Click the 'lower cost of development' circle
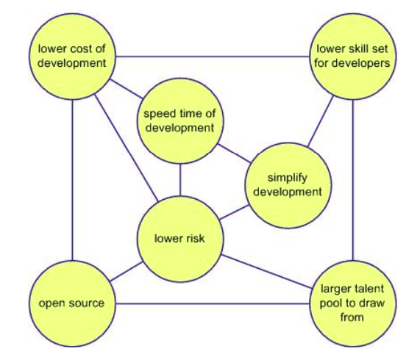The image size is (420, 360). point(72,57)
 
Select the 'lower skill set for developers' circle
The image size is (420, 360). point(353,57)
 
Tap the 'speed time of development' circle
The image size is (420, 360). point(179,121)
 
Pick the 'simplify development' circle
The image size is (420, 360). point(288,185)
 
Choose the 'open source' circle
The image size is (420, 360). point(72,303)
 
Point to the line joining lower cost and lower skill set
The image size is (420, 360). point(213,57)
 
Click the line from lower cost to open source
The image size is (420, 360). point(72,180)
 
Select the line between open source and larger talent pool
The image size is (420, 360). point(213,303)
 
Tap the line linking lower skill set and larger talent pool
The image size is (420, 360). point(353,180)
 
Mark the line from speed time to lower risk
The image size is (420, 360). point(180,180)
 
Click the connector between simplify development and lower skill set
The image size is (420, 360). point(321,121)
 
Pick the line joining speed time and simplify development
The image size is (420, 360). point(235,154)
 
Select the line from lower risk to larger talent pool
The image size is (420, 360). point(267,272)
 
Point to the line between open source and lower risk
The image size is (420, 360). point(126,272)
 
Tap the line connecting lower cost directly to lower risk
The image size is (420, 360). point(127,148)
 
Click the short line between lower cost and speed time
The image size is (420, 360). point(127,89)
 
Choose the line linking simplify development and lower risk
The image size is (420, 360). point(234,212)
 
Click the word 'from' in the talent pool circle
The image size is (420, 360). point(352,317)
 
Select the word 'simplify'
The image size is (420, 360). point(287,178)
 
